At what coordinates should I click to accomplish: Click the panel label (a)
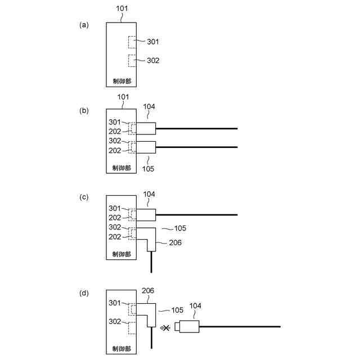click(x=85, y=25)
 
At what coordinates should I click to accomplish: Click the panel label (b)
click(x=85, y=111)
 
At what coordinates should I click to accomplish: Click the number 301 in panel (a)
click(x=153, y=42)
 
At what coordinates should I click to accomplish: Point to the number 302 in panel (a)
click(x=153, y=60)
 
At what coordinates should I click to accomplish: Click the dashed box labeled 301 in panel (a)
click(x=132, y=42)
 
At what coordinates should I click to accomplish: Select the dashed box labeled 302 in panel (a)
click(x=132, y=61)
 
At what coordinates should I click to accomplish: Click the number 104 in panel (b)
click(x=149, y=106)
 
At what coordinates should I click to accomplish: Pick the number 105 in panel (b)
click(x=149, y=168)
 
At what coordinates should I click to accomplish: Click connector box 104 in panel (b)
click(x=146, y=129)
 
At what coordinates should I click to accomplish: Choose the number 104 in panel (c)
click(x=149, y=194)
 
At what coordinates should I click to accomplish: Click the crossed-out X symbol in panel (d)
click(x=165, y=327)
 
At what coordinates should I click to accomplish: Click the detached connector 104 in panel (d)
click(x=188, y=326)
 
